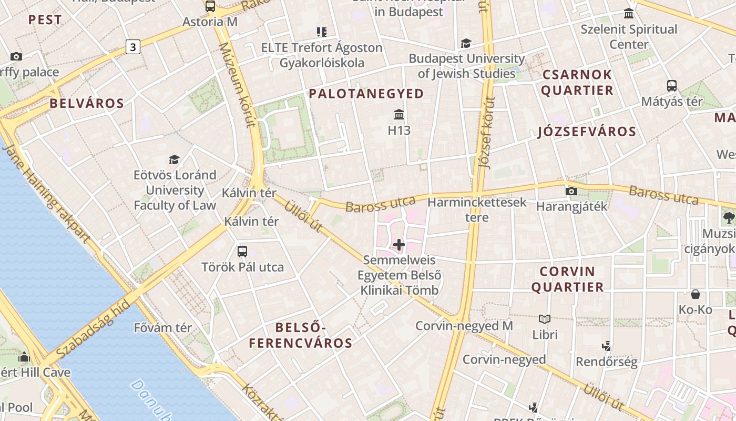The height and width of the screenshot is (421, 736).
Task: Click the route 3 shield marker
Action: pyautogui.click(x=133, y=47)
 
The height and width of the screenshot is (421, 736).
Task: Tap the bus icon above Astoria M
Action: pyautogui.click(x=210, y=6)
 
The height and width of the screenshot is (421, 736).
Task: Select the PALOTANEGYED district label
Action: pyautogui.click(x=366, y=94)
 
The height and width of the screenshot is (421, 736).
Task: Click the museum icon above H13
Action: pyautogui.click(x=399, y=114)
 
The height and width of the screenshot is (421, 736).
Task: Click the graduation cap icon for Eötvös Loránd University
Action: pyautogui.click(x=174, y=159)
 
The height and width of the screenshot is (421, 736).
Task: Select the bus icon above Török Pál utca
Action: pyautogui.click(x=242, y=252)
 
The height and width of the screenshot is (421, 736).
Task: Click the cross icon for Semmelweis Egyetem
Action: pyautogui.click(x=399, y=245)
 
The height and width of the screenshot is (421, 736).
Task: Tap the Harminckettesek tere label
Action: pyautogui.click(x=477, y=209)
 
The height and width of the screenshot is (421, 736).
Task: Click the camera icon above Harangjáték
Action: pyautogui.click(x=571, y=191)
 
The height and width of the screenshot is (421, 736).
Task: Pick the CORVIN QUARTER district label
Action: pyautogui.click(x=567, y=279)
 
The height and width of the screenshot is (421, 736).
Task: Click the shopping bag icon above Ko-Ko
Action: pyautogui.click(x=696, y=294)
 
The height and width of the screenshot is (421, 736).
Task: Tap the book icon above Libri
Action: pyautogui.click(x=545, y=319)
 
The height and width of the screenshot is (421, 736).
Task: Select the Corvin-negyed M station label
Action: pyautogui.click(x=464, y=326)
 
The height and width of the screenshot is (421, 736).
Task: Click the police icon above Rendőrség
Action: pyautogui.click(x=607, y=346)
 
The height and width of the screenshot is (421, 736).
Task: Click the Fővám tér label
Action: pyautogui.click(x=163, y=327)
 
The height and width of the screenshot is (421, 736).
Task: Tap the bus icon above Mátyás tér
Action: pyautogui.click(x=671, y=86)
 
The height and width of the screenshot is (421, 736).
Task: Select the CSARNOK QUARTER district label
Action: pyautogui.click(x=577, y=82)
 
